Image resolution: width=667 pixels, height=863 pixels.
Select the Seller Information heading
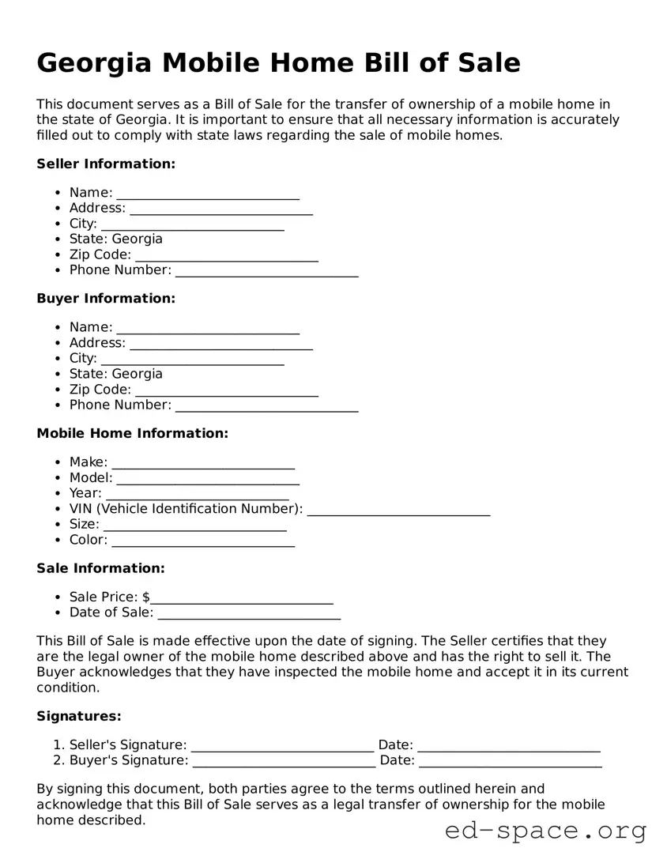click(106, 164)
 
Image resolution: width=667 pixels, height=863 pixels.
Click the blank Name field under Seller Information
click(208, 193)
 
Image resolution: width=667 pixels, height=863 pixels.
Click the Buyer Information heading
click(106, 298)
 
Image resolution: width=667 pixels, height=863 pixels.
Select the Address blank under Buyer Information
click(221, 343)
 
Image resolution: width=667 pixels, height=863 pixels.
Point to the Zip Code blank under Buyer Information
click(227, 390)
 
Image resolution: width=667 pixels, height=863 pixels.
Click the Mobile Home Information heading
click(132, 433)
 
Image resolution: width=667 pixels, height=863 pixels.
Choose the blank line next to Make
click(203, 462)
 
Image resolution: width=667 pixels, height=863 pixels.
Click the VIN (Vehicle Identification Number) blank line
click(398, 509)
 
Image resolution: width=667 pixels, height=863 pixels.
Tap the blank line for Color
click(203, 541)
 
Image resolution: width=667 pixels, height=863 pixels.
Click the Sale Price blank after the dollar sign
click(243, 597)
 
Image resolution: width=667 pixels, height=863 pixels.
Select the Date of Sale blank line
click(249, 613)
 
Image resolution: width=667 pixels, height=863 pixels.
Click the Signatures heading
click(79, 716)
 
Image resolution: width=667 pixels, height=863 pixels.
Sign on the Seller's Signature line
click(282, 745)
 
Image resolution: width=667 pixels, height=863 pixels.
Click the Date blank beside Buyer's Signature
click(511, 761)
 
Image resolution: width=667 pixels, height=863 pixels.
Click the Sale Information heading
click(100, 568)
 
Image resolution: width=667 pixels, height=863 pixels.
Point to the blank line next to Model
click(208, 478)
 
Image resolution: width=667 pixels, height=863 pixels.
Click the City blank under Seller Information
click(192, 224)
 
